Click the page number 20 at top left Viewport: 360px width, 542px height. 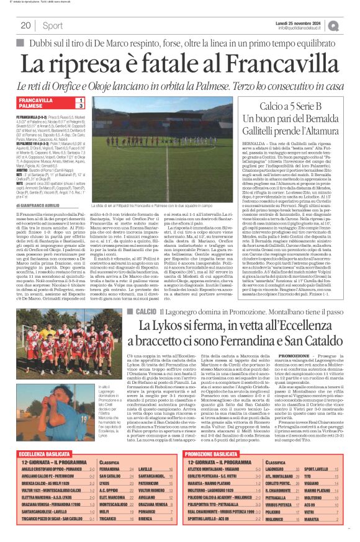(25, 25)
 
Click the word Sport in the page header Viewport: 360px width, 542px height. (53, 25)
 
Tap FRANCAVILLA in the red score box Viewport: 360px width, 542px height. (35, 100)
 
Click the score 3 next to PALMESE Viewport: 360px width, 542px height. (79, 106)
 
